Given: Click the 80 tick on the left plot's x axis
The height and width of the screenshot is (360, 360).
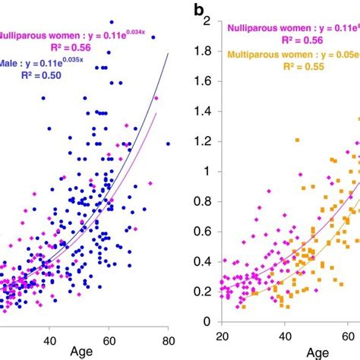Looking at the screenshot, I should click(x=169, y=341).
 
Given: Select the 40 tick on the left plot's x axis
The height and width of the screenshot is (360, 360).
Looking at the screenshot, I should click(x=49, y=341).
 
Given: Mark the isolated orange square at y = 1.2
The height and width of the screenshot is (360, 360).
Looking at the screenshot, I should click(x=298, y=140).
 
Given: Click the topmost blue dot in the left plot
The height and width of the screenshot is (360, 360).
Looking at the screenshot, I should click(x=112, y=22).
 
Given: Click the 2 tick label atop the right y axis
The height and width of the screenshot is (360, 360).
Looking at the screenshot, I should click(x=205, y=22).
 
